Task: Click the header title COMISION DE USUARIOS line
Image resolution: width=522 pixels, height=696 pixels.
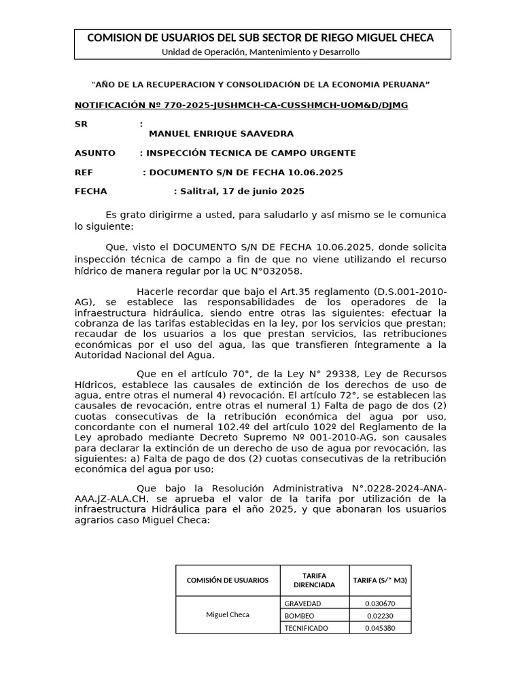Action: coord(260,38)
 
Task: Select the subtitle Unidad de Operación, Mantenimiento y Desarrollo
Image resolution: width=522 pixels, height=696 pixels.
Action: coord(260,52)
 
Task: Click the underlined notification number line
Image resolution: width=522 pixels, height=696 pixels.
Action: coord(241,105)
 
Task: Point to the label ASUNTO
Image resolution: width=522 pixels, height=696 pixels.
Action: coord(94,153)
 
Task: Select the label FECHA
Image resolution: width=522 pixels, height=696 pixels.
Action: coord(90,191)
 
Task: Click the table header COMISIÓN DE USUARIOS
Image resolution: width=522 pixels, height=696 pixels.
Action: coord(228,580)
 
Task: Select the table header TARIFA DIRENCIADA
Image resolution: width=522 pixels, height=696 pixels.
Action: coord(314,580)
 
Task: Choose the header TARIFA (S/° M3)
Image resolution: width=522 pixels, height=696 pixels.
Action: coord(380,580)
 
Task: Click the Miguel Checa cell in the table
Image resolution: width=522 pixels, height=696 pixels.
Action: coord(228,614)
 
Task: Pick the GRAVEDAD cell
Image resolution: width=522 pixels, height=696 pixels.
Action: coord(303,603)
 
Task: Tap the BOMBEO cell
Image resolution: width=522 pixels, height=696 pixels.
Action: coord(299,615)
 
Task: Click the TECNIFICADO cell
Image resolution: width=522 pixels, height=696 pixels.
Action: coord(307,628)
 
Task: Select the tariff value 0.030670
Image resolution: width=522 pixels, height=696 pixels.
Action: coord(380,603)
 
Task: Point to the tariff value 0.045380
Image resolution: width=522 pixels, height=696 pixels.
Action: coord(380,628)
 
